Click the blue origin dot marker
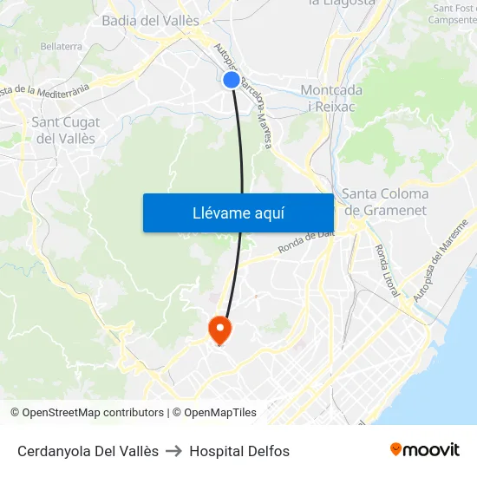pyautogui.click(x=231, y=80)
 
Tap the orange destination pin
pyautogui.click(x=219, y=329)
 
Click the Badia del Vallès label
pyautogui.click(x=150, y=20)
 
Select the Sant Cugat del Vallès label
pyautogui.click(x=65, y=130)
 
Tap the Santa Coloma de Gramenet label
pyautogui.click(x=385, y=201)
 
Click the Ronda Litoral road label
pyautogui.click(x=387, y=270)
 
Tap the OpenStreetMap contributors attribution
pyautogui.click(x=87, y=413)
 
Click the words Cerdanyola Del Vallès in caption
pyautogui.click(x=88, y=451)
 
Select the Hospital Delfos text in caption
pyautogui.click(x=239, y=451)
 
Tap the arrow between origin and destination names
pyautogui.click(x=173, y=451)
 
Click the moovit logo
pyautogui.click(x=424, y=449)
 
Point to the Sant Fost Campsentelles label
pyautogui.click(x=454, y=14)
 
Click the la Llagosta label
pyautogui.click(x=342, y=3)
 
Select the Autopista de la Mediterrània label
pyautogui.click(x=45, y=88)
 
